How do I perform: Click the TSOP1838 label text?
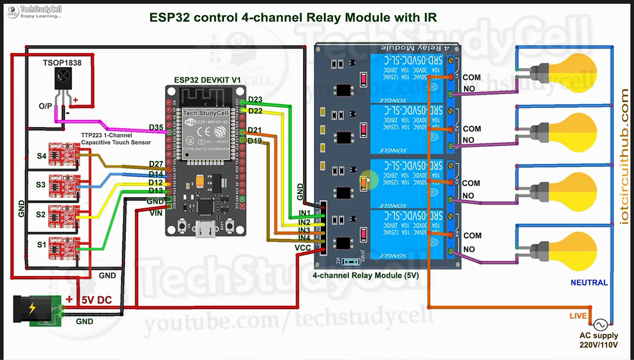tap(62, 63)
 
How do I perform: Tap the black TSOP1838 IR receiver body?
tap(63, 78)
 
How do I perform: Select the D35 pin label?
tap(156, 127)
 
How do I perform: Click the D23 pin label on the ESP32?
tap(255, 99)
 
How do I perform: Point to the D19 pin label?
tap(255, 141)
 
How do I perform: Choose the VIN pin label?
tap(156, 213)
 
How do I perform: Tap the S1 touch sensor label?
tap(41, 245)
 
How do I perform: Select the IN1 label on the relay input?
tap(304, 213)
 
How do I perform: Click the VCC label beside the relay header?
tap(303, 248)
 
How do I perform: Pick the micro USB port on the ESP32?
tap(205, 229)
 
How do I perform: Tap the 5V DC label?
tap(96, 300)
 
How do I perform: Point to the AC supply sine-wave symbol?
tap(600, 325)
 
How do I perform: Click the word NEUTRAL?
tap(589, 283)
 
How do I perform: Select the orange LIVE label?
tap(578, 316)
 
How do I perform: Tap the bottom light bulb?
tap(575, 251)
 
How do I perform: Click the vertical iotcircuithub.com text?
tap(624, 157)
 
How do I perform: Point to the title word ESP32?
tap(169, 18)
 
